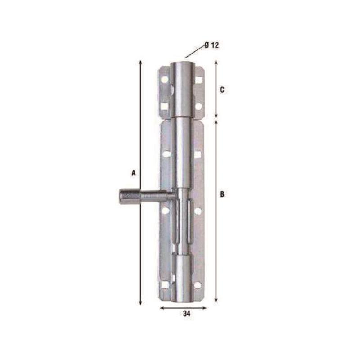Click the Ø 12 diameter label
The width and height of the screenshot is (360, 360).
pyautogui.click(x=211, y=45)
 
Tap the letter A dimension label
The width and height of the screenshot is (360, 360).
pyautogui.click(x=134, y=173)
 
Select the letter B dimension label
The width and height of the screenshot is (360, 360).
pyautogui.click(x=222, y=194)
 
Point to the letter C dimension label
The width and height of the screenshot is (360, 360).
pyautogui.click(x=222, y=90)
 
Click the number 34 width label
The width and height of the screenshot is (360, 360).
pyautogui.click(x=187, y=314)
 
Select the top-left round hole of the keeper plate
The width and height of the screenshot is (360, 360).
pyautogui.click(x=165, y=80)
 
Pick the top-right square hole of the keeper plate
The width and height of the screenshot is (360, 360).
pyautogui.click(x=198, y=80)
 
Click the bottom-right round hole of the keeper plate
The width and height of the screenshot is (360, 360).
pyautogui.click(x=198, y=106)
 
